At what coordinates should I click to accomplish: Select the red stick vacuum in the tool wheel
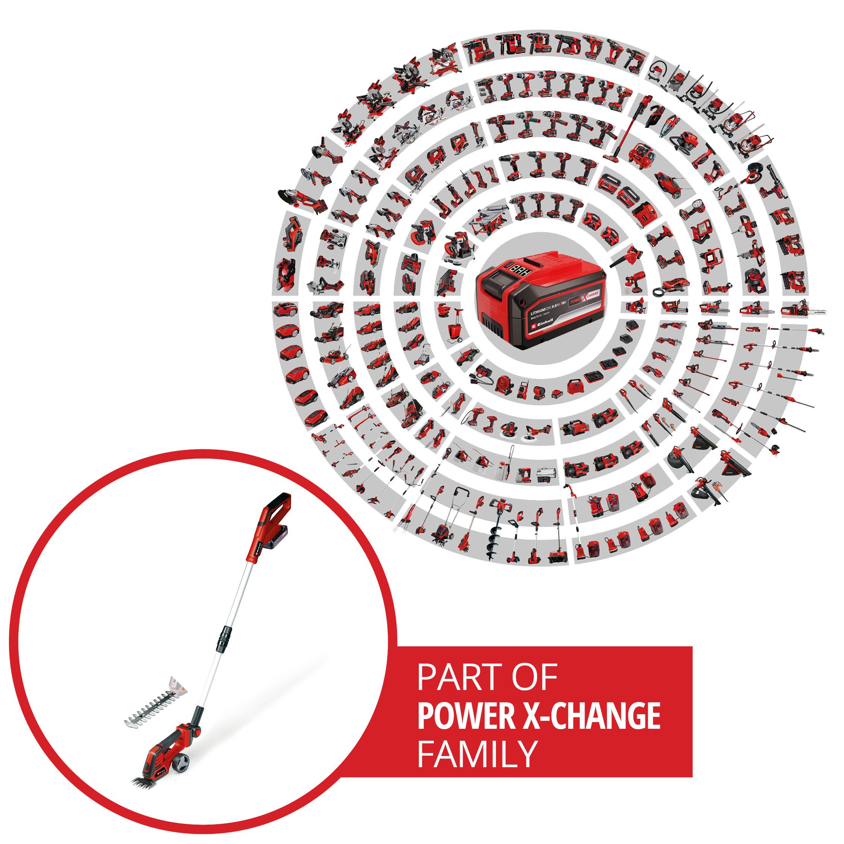620,133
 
